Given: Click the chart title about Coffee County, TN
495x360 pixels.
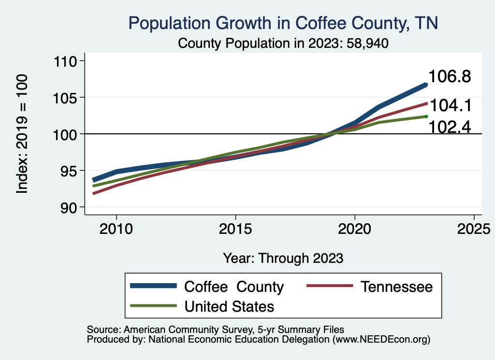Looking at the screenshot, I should pyautogui.click(x=283, y=23).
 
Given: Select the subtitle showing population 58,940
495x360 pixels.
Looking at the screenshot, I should pyautogui.click(x=283, y=43).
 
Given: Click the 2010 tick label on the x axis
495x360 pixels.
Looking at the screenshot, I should pyautogui.click(x=116, y=228).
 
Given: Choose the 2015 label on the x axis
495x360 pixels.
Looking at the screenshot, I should pyautogui.click(x=235, y=228).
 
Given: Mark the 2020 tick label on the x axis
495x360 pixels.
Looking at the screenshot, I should pyautogui.click(x=355, y=228).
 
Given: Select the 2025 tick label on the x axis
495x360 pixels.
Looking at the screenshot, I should pyautogui.click(x=474, y=228).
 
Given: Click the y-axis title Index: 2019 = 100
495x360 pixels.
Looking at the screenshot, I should pyautogui.click(x=22, y=134).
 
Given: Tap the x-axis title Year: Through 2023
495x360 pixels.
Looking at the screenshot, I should pyautogui.click(x=283, y=258).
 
